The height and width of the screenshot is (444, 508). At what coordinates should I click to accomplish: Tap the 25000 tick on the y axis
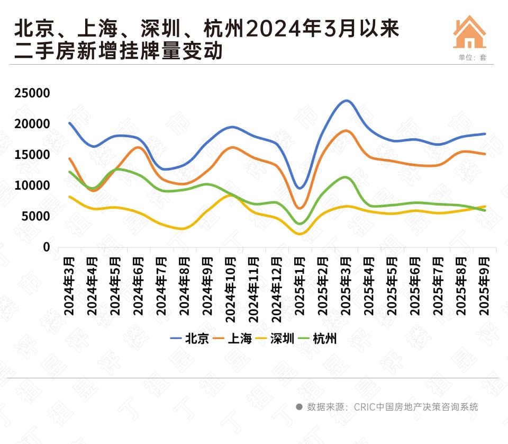point(32,93)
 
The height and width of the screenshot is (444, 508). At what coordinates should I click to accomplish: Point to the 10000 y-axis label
point(32,186)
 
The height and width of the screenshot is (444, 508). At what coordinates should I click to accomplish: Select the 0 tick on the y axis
point(46,247)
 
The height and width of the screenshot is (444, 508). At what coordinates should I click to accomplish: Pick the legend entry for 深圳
point(283,339)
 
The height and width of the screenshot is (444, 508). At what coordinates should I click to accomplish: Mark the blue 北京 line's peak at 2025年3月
point(347,101)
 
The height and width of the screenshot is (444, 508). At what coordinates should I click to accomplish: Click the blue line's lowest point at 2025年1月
point(300,188)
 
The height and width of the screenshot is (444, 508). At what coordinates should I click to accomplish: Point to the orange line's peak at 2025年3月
point(346,130)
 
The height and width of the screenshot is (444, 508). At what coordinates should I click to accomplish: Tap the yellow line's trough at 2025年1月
point(300,234)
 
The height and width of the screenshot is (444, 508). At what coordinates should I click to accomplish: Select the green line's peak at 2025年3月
point(346,177)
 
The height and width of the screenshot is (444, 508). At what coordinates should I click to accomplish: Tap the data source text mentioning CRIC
point(392,407)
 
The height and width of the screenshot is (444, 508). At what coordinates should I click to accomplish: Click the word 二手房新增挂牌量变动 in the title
point(119,52)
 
